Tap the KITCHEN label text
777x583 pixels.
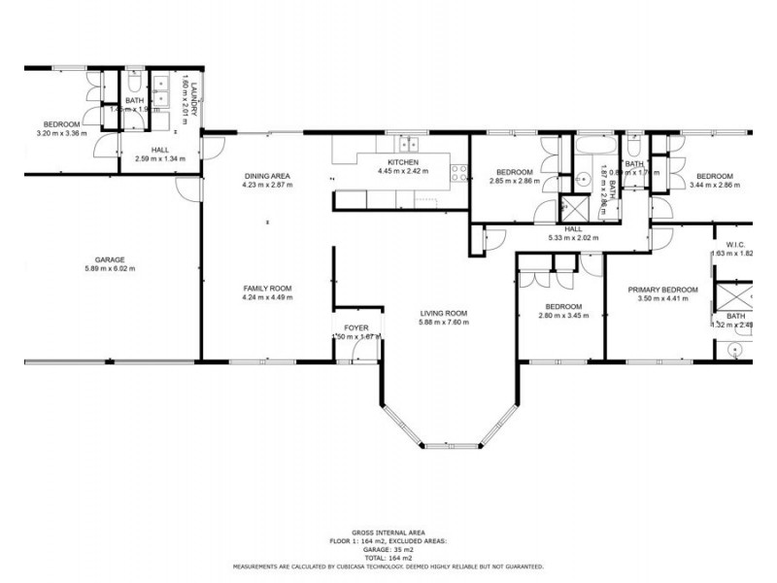[x=403, y=161]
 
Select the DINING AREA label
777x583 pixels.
[x=267, y=176]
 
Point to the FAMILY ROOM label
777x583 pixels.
[x=267, y=289]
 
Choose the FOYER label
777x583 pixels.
[x=356, y=328]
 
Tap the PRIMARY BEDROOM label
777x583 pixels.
[x=663, y=290]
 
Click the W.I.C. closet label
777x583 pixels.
[x=734, y=245]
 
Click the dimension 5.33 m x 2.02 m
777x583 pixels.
[x=573, y=237]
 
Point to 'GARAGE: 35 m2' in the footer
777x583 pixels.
[x=388, y=551]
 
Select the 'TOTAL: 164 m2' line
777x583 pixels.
[x=388, y=558]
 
